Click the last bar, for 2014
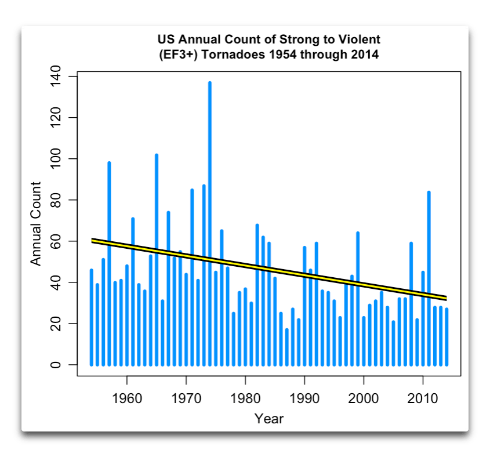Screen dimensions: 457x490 click(x=447, y=336)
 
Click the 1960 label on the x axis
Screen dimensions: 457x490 click(x=127, y=398)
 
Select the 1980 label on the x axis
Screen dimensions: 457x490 click(x=245, y=398)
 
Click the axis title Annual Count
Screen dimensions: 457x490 click(x=36, y=224)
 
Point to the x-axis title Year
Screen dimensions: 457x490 click(x=269, y=418)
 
